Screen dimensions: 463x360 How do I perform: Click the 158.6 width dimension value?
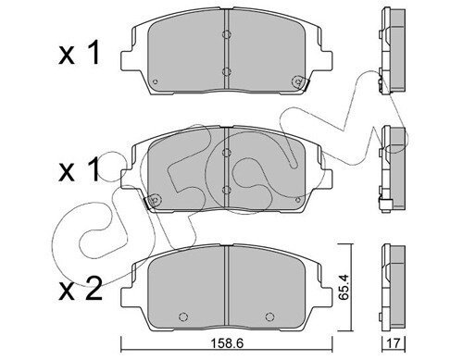[x=227, y=343]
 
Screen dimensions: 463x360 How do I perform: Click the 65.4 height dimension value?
[x=344, y=287]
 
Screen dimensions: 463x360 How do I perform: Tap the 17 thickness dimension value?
[x=394, y=343]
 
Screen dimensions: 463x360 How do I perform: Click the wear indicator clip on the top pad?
[x=300, y=82]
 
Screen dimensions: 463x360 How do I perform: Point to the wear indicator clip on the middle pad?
[x=152, y=202]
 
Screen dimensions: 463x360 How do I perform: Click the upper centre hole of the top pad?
[x=227, y=34]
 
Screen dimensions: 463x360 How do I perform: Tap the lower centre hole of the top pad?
[x=227, y=71]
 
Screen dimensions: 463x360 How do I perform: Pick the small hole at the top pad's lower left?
[x=156, y=81]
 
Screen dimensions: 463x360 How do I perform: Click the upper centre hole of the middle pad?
[x=227, y=152]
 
